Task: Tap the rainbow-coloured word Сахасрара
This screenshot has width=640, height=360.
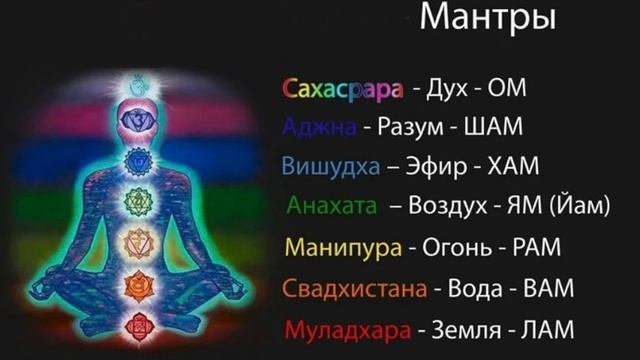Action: [343, 90]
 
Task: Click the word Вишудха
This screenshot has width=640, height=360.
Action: [331, 166]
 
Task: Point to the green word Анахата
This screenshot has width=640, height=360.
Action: [332, 206]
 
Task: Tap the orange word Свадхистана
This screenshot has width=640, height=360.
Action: [355, 288]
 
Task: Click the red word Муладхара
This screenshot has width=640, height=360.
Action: [346, 328]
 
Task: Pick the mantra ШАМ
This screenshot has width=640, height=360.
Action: [494, 128]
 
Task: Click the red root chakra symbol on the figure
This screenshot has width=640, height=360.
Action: [137, 322]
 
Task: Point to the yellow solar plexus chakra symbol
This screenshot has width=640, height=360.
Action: [137, 241]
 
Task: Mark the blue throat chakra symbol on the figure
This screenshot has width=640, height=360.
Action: [137, 160]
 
